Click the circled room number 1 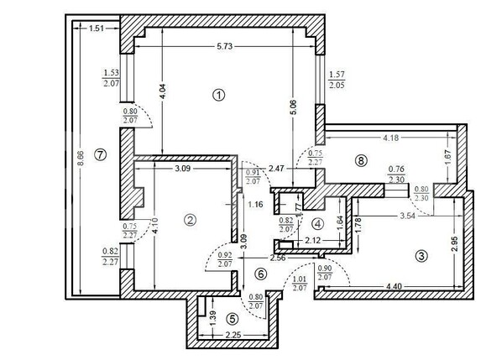(x=219, y=95)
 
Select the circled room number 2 (x=191, y=220)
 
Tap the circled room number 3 (x=421, y=256)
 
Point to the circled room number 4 (x=316, y=223)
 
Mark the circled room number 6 (x=260, y=273)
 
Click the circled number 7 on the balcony (x=102, y=154)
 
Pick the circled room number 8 (x=362, y=161)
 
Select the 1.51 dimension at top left (x=97, y=29)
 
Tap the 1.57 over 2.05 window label (x=337, y=80)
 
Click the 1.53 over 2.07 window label (x=110, y=78)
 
